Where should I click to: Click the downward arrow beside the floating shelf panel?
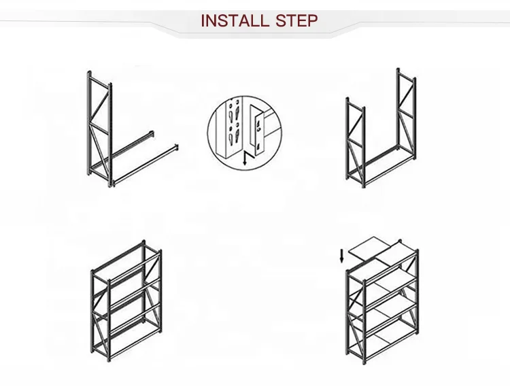[x=341, y=256]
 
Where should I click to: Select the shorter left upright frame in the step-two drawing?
[x=356, y=143]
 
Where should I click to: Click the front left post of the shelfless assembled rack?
[x=92, y=306]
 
